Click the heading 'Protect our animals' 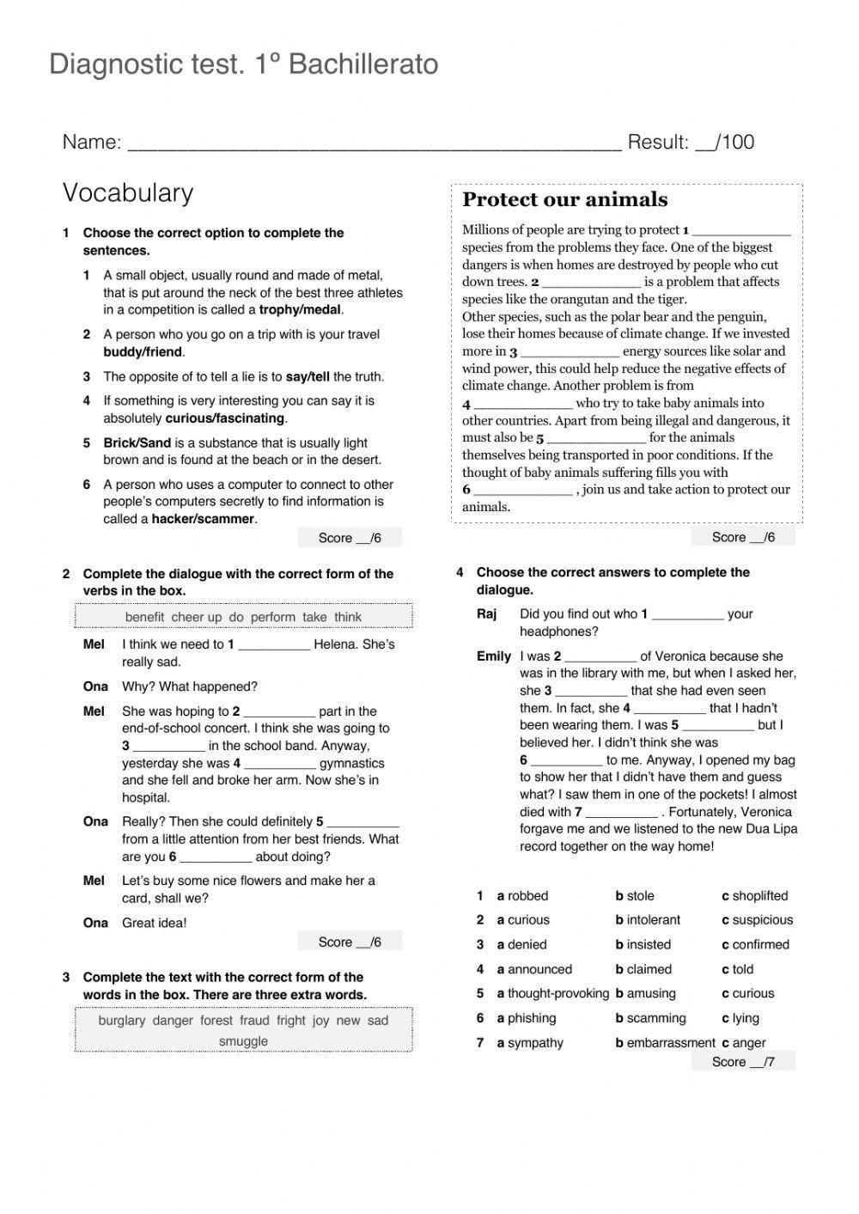click(x=564, y=200)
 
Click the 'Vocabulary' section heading click(x=128, y=192)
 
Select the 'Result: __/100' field click(x=691, y=143)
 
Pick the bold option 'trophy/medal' click(x=300, y=310)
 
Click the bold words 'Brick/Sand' click(x=137, y=443)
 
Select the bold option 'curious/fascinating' click(x=224, y=418)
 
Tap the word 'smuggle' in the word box click(x=243, y=1041)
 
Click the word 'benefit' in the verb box click(x=144, y=617)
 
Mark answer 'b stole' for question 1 click(x=635, y=896)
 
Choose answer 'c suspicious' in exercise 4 click(x=757, y=920)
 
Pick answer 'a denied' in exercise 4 click(x=521, y=945)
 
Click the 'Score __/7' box click(x=743, y=1062)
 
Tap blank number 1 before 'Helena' click(x=273, y=645)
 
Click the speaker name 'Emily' click(x=494, y=656)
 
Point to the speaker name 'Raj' click(x=487, y=614)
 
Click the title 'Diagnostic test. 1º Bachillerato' click(x=244, y=64)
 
